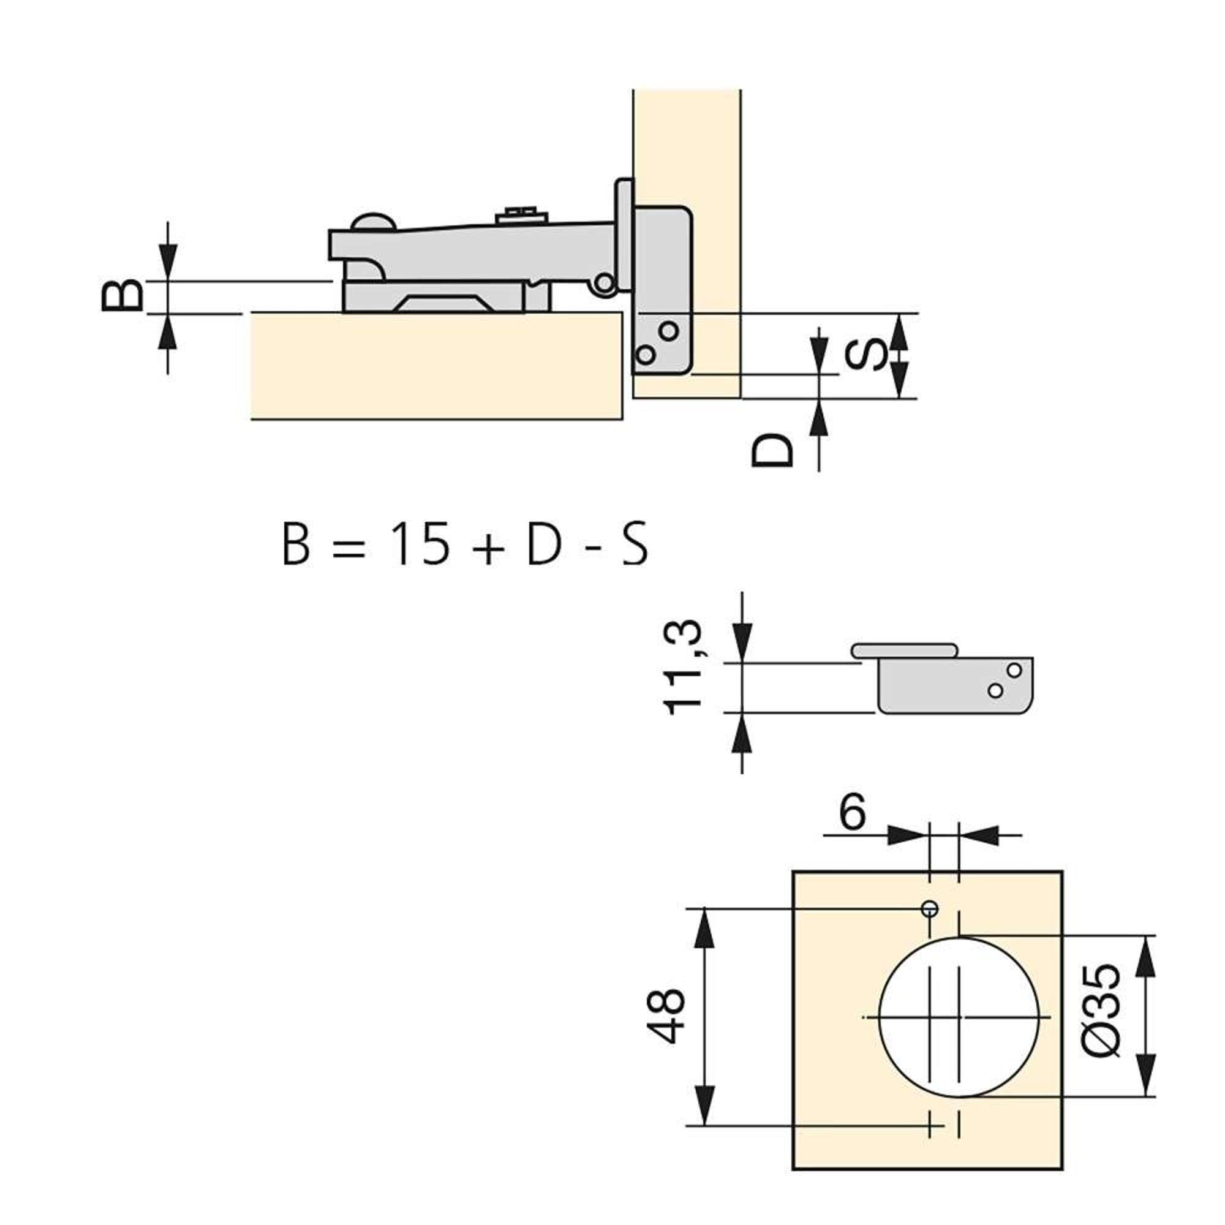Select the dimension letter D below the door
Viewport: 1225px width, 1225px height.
point(772,451)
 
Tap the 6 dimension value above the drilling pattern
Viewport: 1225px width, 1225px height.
point(852,812)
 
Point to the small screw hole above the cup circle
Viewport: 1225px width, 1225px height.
point(930,908)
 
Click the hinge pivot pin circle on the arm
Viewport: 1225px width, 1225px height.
point(605,283)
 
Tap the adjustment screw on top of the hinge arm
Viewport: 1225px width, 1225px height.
point(521,214)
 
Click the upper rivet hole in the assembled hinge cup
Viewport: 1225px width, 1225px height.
point(668,330)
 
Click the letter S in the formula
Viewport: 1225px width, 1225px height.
point(634,545)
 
